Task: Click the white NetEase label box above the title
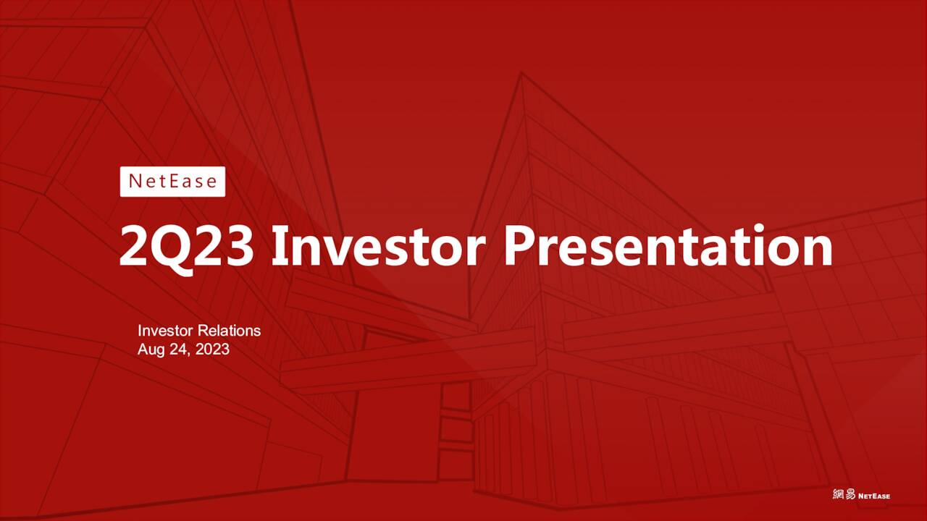(172, 182)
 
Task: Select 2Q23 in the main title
(186, 247)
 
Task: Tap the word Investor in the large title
(377, 247)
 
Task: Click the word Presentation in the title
(668, 247)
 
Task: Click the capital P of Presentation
(520, 247)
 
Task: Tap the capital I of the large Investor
(279, 247)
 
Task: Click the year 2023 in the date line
(212, 350)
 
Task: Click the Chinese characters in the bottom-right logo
(844, 495)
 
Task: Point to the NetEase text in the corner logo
(874, 496)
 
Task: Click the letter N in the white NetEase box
(135, 182)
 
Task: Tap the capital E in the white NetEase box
(172, 182)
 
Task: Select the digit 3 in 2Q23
(239, 247)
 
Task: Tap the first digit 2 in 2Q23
(134, 247)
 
